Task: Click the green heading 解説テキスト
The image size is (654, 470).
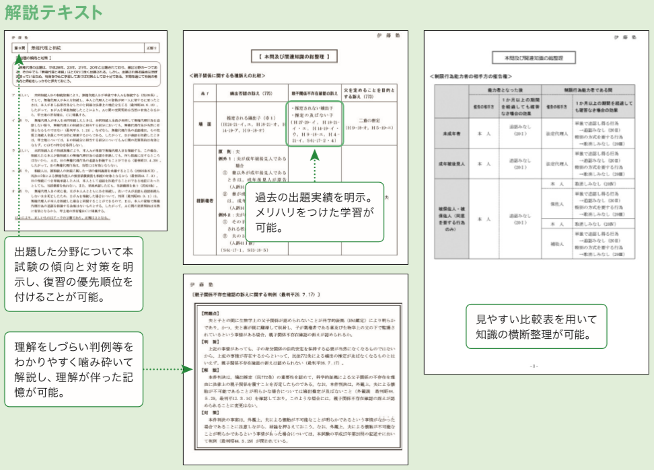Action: (x=53, y=12)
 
